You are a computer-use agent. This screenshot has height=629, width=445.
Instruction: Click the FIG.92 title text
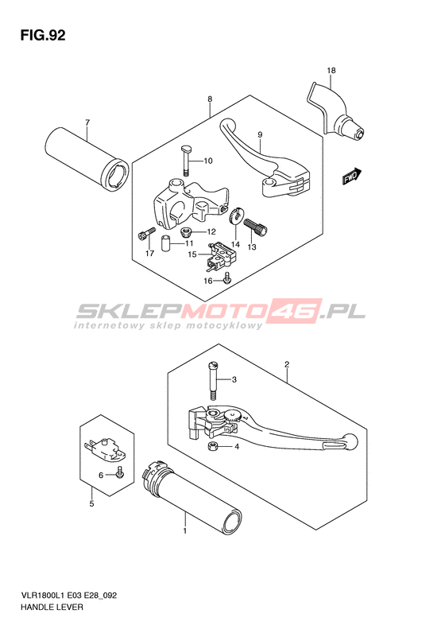pyautogui.click(x=42, y=36)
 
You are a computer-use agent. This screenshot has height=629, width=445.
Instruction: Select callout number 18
pyautogui.click(x=331, y=71)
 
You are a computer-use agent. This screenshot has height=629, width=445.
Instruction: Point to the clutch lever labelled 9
pyautogui.click(x=265, y=161)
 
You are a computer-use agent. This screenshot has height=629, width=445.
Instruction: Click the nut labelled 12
pyautogui.click(x=186, y=231)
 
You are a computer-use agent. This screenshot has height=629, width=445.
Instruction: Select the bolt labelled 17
pyautogui.click(x=146, y=234)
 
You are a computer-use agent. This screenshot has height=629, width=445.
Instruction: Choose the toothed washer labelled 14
pyautogui.click(x=234, y=215)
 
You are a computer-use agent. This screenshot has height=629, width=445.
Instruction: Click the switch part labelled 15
pyautogui.click(x=219, y=254)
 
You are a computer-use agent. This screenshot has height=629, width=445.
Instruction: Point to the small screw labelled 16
pyautogui.click(x=228, y=278)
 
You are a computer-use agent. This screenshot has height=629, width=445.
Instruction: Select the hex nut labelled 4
pyautogui.click(x=213, y=446)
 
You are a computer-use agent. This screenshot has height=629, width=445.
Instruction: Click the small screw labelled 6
pyautogui.click(x=119, y=472)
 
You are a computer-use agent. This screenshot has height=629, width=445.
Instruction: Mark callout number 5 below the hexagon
pyautogui.click(x=92, y=503)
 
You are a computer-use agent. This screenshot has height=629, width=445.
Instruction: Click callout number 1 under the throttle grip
pyautogui.click(x=185, y=530)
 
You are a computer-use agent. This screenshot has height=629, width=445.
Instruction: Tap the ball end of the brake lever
pyautogui.click(x=350, y=441)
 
